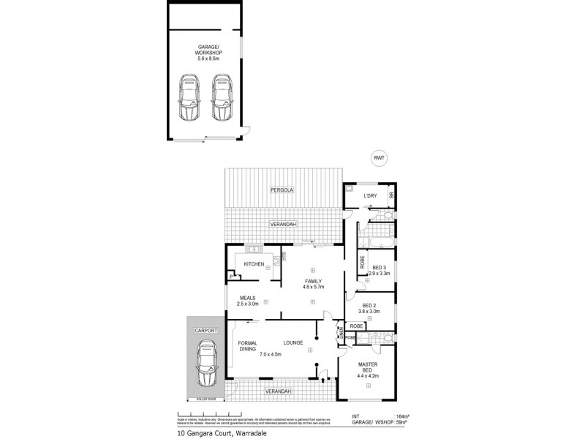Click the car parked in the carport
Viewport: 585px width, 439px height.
click(206, 366)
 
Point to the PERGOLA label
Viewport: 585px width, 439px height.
click(282, 190)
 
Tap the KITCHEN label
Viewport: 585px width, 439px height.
click(253, 263)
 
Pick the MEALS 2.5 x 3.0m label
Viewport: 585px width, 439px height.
click(247, 300)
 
